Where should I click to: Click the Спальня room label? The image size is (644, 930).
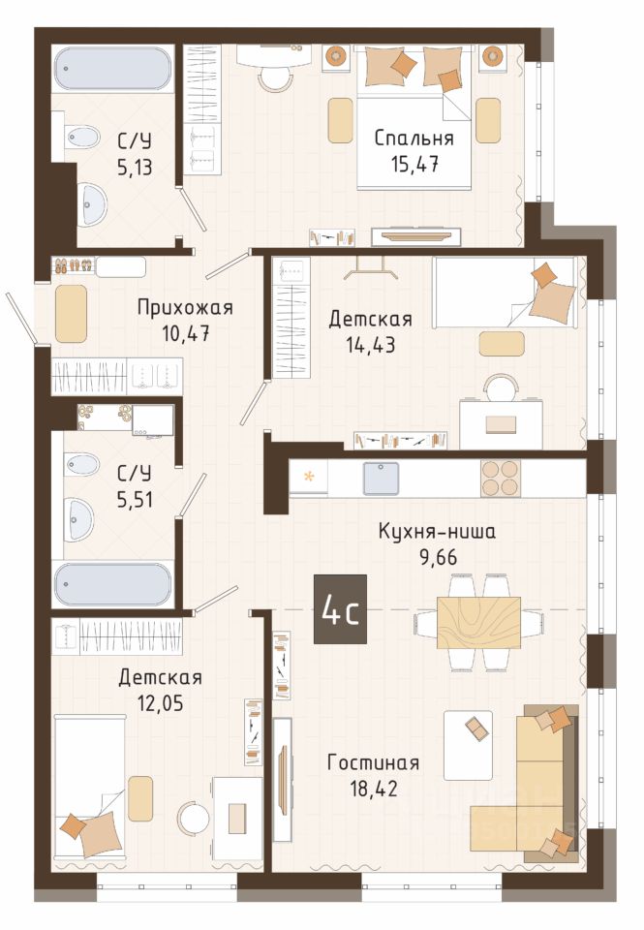414,139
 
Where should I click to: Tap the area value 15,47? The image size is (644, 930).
414,164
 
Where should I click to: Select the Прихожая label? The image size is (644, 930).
185,308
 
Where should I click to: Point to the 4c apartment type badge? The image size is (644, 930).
340,609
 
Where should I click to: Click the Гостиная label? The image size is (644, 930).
373,762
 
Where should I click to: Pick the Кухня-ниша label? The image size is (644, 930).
437,532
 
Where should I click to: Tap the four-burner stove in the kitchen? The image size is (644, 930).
501,478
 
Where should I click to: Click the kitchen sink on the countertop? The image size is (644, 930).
381,478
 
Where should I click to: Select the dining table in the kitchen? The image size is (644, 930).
479,623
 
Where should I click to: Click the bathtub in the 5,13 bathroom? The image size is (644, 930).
112,68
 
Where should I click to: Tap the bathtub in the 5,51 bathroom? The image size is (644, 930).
112,584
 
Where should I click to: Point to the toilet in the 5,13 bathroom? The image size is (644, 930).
80,138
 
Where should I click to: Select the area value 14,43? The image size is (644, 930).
371,345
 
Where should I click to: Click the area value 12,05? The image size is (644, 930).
160,703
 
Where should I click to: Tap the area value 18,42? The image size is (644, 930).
374,789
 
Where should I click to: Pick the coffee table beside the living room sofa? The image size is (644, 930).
469,746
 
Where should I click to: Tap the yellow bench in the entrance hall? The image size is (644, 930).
71,314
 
